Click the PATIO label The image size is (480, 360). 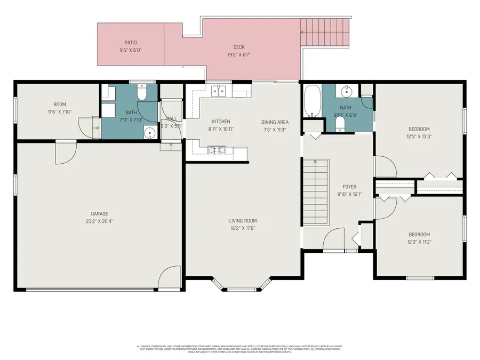[131, 42]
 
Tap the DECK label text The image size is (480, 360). [239, 47]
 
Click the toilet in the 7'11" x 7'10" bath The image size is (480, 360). [142, 93]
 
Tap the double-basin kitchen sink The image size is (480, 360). [219, 91]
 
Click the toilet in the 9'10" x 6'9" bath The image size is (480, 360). [340, 124]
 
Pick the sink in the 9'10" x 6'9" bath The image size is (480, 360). [347, 91]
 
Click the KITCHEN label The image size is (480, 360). [221, 122]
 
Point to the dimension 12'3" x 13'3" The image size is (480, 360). [419, 136]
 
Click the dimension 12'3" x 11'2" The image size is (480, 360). [419, 242]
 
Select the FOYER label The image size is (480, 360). [349, 187]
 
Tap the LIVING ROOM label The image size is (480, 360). [243, 221]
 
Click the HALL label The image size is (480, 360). [171, 119]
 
